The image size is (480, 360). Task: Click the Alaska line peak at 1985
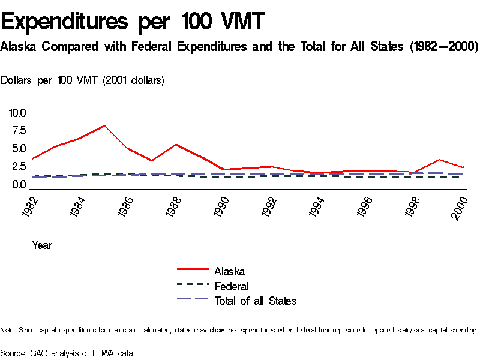click(104, 125)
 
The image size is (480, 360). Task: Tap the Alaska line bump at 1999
click(440, 160)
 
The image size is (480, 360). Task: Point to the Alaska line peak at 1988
click(175, 145)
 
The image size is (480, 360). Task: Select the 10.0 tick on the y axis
click(17, 113)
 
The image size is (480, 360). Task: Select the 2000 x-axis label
click(461, 206)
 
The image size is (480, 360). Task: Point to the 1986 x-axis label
click(126, 206)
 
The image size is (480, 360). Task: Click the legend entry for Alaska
click(229, 272)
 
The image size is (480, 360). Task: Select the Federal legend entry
click(231, 286)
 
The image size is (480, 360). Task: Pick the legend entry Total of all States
click(255, 301)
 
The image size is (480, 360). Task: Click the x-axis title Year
click(42, 245)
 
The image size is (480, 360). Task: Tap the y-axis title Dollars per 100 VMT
click(83, 80)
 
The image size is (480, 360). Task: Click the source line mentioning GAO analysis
click(67, 353)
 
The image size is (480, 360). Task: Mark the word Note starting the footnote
click(8, 330)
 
